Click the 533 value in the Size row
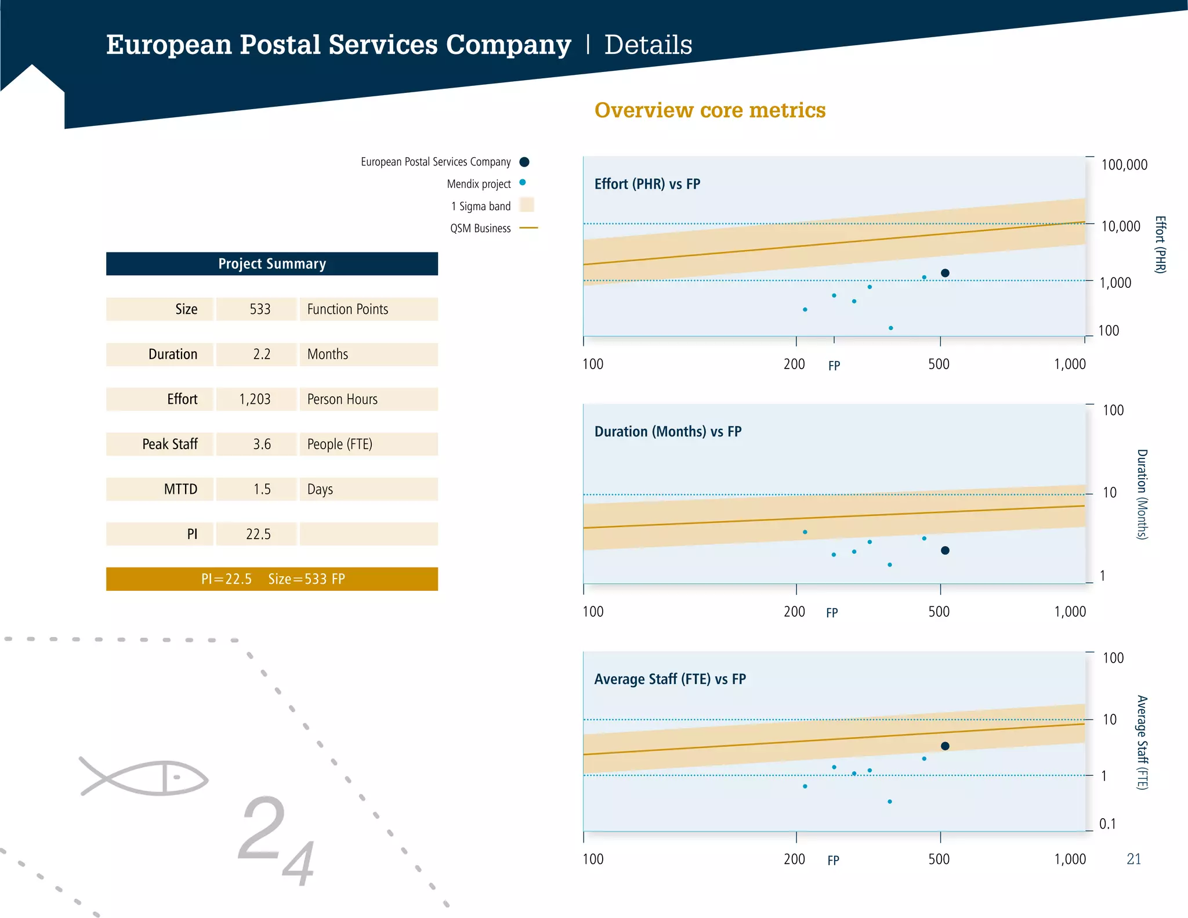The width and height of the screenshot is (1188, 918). pos(260,309)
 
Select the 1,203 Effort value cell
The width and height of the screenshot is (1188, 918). pos(255,399)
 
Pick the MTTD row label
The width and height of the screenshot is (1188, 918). pos(180,489)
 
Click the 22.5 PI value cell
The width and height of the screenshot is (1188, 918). pos(258,534)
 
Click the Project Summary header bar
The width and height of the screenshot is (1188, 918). pos(271,264)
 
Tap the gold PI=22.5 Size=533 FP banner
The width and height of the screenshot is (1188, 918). pos(271,579)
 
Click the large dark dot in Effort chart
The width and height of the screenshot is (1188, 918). pos(945,273)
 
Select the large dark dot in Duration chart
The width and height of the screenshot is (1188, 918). pos(945,551)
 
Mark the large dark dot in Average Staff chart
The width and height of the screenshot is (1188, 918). pos(945,746)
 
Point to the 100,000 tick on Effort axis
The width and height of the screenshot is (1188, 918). pos(1124,165)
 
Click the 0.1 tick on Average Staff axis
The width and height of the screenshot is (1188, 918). pos(1107,824)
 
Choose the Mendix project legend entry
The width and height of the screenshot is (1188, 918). pos(479,184)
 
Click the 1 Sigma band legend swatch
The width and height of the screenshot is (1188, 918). pos(527,205)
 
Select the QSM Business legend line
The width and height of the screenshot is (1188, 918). pos(528,228)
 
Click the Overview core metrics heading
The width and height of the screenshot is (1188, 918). pos(709,110)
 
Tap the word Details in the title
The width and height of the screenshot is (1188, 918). pos(648,45)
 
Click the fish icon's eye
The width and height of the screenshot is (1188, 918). pos(178,777)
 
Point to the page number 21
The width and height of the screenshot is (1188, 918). pos(1133,859)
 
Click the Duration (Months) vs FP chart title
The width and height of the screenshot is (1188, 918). pos(668,432)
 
